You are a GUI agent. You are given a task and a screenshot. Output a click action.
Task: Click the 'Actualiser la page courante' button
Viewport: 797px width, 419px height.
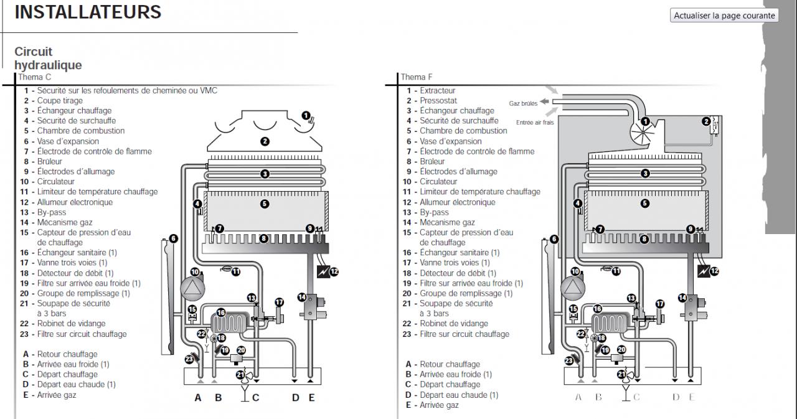click(x=724, y=16)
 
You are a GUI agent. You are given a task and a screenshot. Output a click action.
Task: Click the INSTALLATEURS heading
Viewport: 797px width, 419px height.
click(x=88, y=12)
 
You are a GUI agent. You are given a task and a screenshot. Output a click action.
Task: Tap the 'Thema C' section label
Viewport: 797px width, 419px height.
click(x=34, y=77)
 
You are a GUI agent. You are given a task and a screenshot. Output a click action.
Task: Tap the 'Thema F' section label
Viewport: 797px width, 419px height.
click(x=417, y=77)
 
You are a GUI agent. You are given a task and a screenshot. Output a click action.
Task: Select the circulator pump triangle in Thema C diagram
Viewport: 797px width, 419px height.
click(x=192, y=288)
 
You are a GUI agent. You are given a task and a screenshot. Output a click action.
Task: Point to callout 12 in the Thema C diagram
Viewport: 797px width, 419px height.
click(x=334, y=271)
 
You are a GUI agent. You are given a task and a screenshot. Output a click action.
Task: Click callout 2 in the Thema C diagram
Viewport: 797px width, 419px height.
click(x=265, y=141)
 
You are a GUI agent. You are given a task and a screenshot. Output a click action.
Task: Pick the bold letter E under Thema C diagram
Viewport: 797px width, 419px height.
click(x=311, y=398)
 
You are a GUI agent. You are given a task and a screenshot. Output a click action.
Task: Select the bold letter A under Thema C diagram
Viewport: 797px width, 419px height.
click(x=198, y=398)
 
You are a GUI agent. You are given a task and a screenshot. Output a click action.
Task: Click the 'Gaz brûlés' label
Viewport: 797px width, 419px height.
click(x=523, y=103)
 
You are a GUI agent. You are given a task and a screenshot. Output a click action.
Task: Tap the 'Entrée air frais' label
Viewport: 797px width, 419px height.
click(x=535, y=123)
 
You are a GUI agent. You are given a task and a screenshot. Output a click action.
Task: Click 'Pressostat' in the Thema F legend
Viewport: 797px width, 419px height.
click(x=438, y=101)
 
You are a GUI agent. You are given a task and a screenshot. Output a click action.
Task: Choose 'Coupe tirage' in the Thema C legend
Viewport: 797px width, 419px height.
click(x=60, y=101)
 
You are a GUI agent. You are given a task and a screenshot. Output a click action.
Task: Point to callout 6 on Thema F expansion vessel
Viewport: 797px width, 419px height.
click(x=554, y=239)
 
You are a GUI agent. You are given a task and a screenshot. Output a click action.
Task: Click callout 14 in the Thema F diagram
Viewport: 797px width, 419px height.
click(x=682, y=298)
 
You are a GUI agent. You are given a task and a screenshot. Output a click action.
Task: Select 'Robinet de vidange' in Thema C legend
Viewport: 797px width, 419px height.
click(x=71, y=324)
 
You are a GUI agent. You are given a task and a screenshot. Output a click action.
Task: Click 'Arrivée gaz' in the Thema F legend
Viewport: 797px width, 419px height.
click(x=439, y=405)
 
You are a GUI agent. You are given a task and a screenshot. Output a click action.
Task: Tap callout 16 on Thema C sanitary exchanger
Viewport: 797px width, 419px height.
click(x=221, y=313)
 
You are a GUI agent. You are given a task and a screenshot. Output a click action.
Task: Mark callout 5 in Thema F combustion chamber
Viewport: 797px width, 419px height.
click(x=644, y=204)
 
